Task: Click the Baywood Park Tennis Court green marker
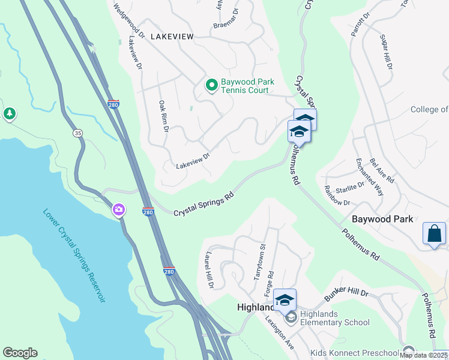[211, 86]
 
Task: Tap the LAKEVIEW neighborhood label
[172, 37]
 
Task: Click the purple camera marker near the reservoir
[119, 209]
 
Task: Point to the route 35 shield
[77, 133]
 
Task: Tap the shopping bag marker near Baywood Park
[434, 234]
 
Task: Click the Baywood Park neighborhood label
[382, 219]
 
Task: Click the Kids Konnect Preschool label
[355, 352]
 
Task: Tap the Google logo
[20, 353]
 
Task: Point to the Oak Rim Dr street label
[163, 116]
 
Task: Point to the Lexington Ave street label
[279, 333]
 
